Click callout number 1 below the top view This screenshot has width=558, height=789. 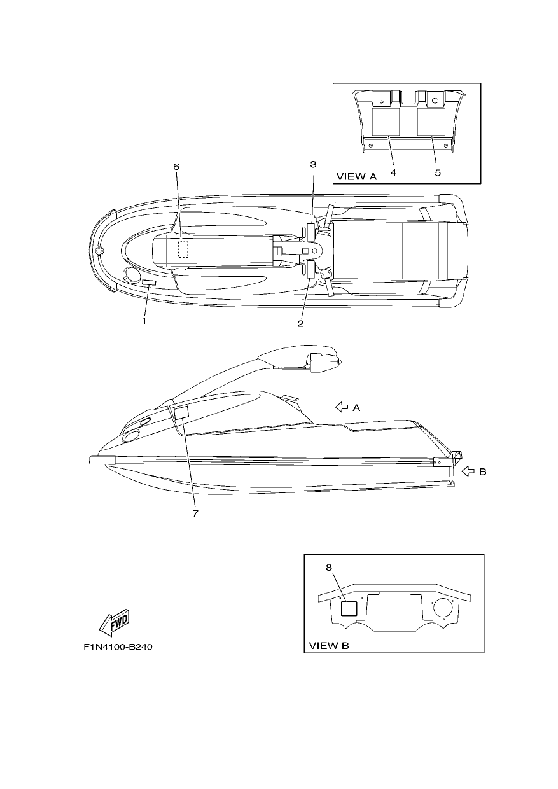[x=144, y=321]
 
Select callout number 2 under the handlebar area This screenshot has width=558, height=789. [x=300, y=323]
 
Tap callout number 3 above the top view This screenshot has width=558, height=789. [x=313, y=164]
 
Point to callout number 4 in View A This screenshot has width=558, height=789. [x=393, y=172]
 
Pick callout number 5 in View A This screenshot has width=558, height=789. [x=438, y=172]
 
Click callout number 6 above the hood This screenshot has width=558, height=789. [x=176, y=166]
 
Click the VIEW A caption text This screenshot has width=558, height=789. [x=357, y=176]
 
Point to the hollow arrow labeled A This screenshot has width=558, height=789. [x=341, y=407]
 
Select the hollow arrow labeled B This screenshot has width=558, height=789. [x=468, y=471]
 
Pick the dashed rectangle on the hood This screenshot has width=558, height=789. [x=183, y=249]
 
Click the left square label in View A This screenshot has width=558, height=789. [x=386, y=122]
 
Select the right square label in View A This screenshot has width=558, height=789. [x=431, y=122]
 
